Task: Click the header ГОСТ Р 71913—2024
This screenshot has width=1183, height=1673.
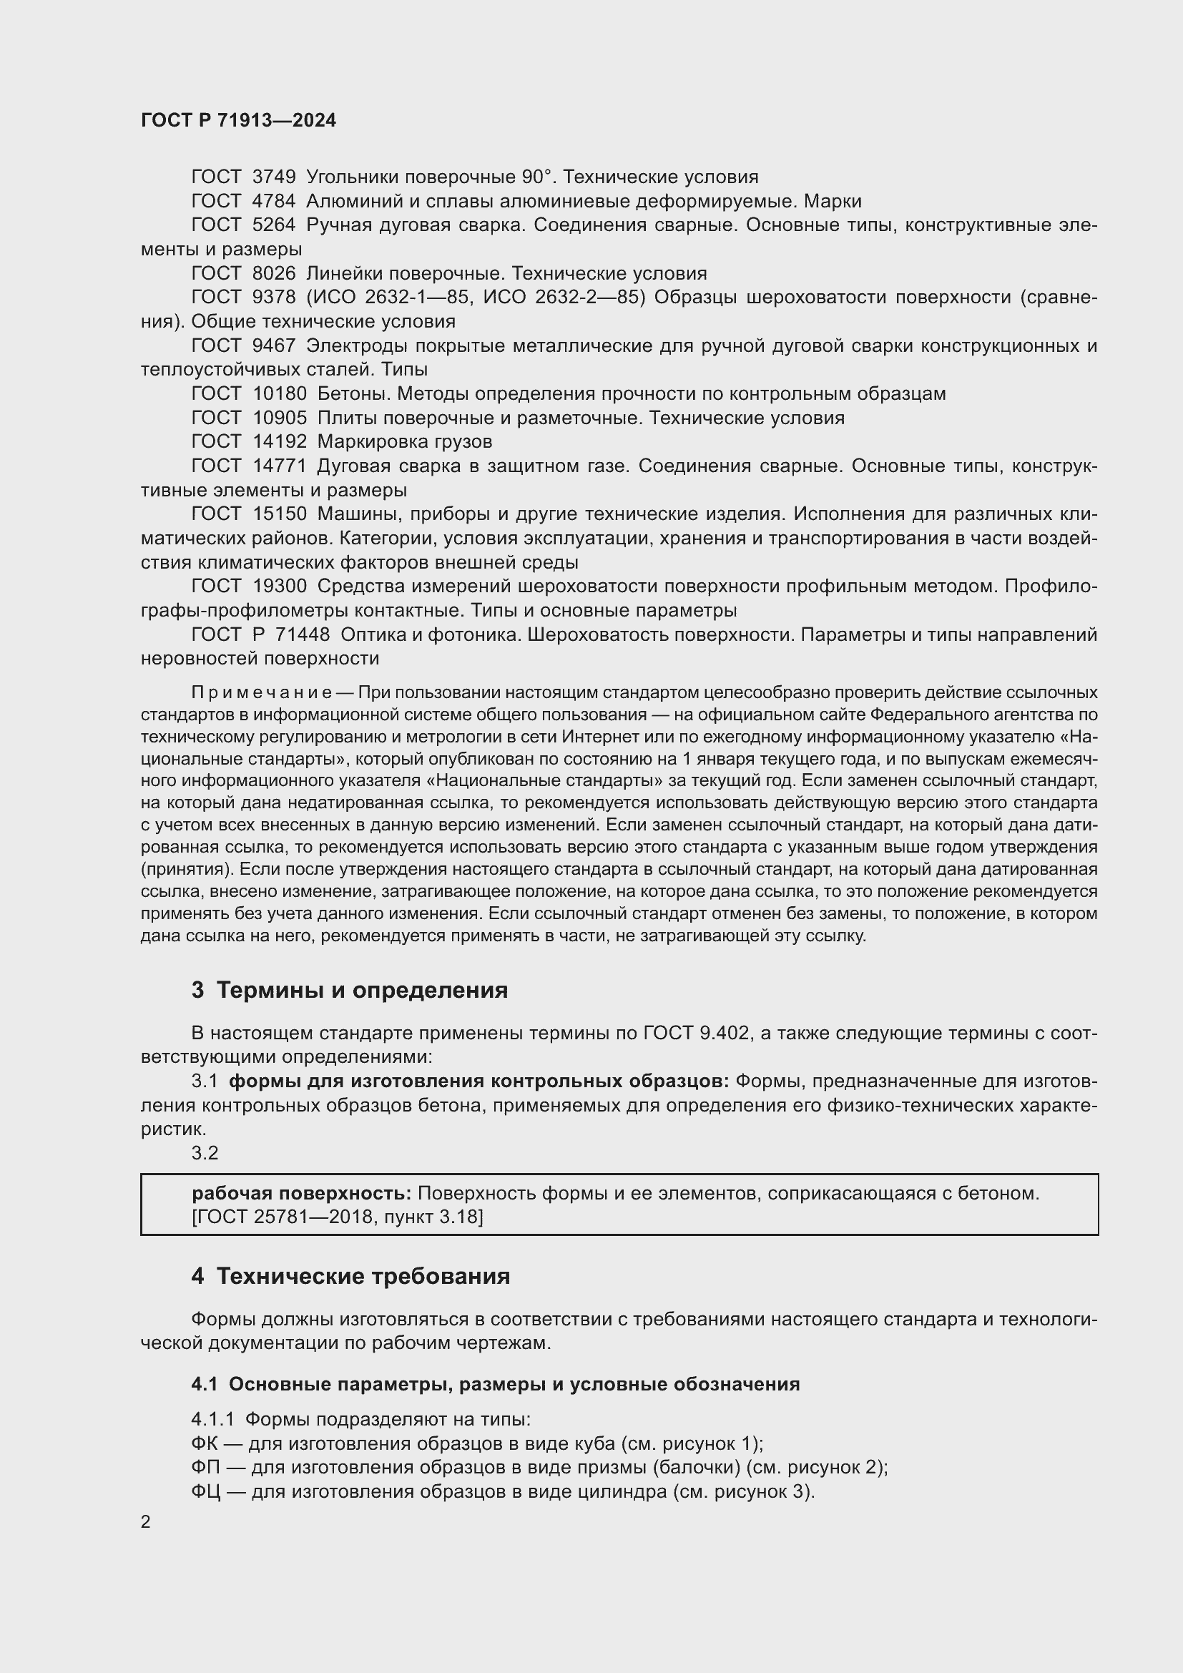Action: click(x=238, y=120)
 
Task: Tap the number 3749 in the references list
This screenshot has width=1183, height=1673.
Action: click(x=274, y=177)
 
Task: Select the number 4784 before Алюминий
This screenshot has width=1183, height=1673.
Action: click(x=274, y=201)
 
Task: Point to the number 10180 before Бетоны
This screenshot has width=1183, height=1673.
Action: click(x=280, y=393)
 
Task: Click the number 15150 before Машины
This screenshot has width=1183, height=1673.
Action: click(x=280, y=514)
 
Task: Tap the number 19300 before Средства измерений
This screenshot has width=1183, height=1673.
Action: click(x=280, y=586)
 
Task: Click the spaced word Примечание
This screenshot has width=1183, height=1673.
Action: click(x=262, y=692)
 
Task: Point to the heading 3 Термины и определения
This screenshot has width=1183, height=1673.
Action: click(x=350, y=990)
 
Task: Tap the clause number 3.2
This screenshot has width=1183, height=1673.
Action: click(x=205, y=1153)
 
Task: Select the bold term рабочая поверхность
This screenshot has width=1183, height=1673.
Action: click(x=302, y=1194)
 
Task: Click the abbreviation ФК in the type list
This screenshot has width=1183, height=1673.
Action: click(x=203, y=1443)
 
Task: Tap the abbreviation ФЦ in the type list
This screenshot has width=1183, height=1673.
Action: click(x=205, y=1491)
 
